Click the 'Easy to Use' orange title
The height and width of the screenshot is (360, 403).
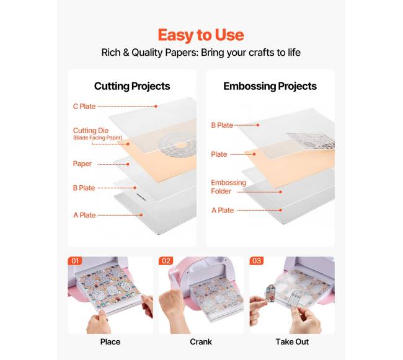point(201,35)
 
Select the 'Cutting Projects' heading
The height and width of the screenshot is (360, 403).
point(132,86)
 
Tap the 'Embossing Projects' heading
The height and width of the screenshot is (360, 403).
point(270,86)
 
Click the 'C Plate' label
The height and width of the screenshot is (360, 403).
point(84,107)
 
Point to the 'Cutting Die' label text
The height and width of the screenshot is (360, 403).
point(91,131)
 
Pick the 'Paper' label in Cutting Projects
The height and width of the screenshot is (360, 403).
point(82,164)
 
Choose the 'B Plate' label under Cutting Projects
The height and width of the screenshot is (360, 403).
point(84,188)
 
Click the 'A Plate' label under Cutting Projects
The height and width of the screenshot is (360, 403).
point(84,215)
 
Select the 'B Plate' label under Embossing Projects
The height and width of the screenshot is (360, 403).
point(222,125)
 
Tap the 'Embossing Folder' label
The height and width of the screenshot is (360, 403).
point(229,187)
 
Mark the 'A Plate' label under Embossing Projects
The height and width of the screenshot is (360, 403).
point(223,210)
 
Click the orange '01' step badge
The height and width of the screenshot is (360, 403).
point(75,261)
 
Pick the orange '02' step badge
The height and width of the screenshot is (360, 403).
point(166,261)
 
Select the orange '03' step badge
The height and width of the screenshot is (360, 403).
point(257,261)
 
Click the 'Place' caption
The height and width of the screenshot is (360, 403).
point(110,342)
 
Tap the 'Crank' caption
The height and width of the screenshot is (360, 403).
point(201,342)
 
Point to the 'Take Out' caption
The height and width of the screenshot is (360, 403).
point(292,342)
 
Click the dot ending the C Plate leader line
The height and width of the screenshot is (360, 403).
point(156,107)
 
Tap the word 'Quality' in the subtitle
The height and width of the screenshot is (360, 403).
point(147,53)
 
